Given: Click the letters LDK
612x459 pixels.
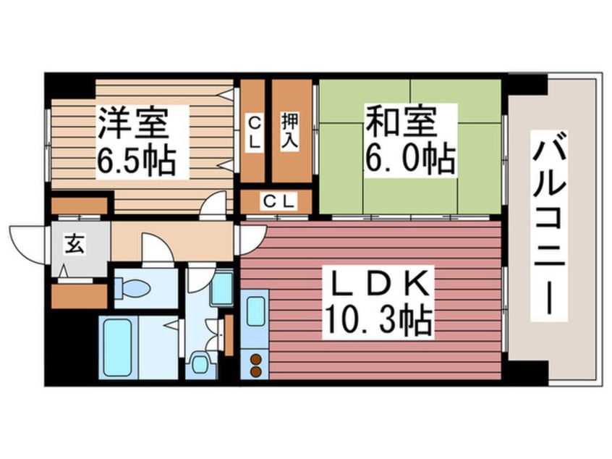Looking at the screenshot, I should pyautogui.click(x=377, y=284).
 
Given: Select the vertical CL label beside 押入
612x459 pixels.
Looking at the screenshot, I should pyautogui.click(x=253, y=131).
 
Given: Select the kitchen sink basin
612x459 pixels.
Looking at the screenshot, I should pyautogui.click(x=255, y=312).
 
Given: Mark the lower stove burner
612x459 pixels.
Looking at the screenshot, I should pyautogui.click(x=255, y=371).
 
